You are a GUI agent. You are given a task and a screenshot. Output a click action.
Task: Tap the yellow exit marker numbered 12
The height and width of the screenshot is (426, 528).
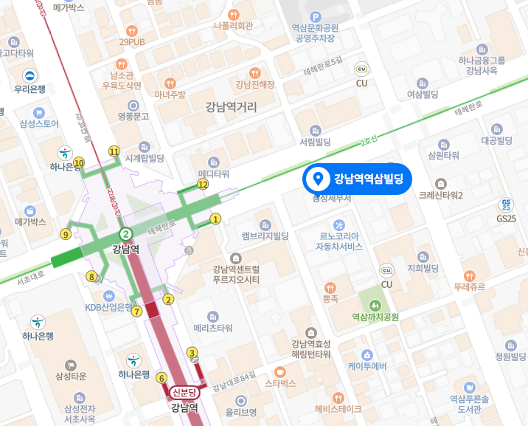tap(202, 183)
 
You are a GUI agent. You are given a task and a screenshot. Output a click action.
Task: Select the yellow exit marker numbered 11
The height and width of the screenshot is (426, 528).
tap(114, 151)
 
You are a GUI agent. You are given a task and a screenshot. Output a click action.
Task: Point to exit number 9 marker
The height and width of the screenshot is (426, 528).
tap(66, 235)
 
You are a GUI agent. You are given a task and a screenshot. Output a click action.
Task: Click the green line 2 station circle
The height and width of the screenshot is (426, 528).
tap(126, 234)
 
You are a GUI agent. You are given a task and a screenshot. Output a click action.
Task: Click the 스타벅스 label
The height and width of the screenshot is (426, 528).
tap(279, 384)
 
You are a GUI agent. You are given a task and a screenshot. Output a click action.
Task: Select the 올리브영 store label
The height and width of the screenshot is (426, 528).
tap(241, 412)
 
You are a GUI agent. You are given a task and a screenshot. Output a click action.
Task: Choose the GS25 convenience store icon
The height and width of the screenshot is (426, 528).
tap(506, 204)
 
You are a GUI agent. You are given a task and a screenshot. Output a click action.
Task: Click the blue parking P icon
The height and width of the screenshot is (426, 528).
tap(316, 17)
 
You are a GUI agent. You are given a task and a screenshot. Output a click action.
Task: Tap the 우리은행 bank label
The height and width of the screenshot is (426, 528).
tap(30, 89)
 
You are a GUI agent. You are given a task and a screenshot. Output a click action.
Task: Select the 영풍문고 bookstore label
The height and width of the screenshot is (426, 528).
tap(133, 116)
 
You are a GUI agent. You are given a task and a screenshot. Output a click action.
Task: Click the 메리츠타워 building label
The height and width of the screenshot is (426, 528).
tap(213, 328)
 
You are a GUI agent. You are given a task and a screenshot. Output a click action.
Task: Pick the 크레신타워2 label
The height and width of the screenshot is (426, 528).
tap(440, 195)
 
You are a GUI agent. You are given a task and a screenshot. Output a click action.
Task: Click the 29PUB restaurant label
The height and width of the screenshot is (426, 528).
tap(132, 41)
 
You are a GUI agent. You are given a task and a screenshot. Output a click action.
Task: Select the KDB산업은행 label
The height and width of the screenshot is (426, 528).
tap(109, 307)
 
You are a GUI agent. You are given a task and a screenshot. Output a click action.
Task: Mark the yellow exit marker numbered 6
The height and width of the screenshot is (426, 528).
tap(161, 379)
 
